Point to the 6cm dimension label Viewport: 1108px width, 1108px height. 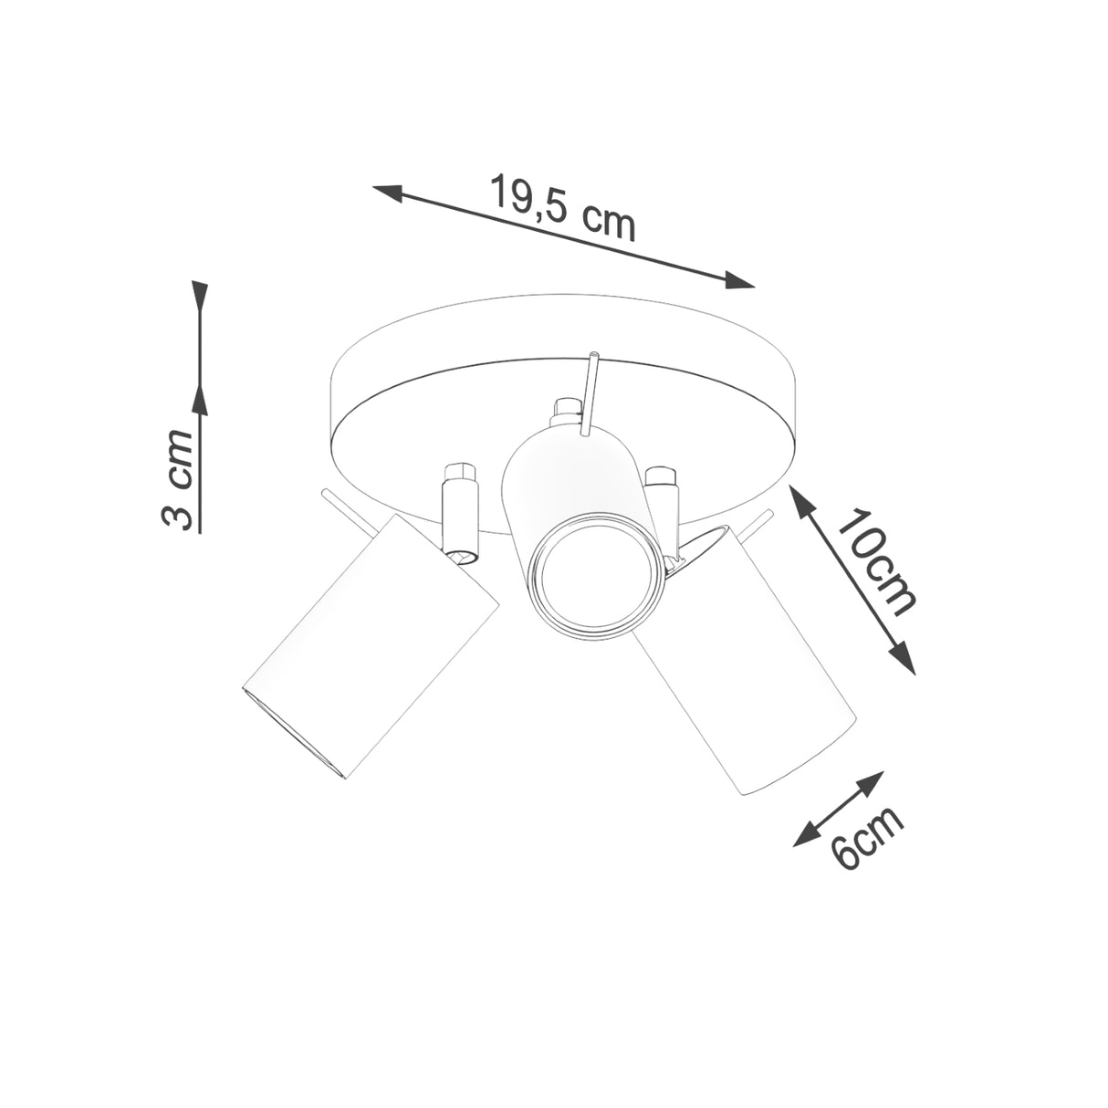coord(867,837)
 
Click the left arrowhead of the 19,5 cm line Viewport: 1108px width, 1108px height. coord(389,192)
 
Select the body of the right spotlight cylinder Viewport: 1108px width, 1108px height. coord(748,675)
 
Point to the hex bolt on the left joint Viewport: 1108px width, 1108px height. coord(459,475)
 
